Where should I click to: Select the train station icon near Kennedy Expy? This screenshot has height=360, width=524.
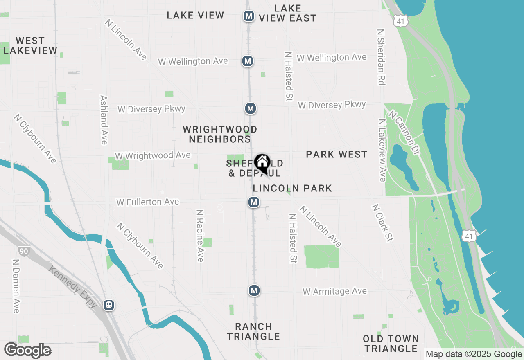(109, 305)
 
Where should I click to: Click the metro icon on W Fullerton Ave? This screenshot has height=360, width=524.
(254, 202)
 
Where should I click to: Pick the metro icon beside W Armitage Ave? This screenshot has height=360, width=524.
(254, 291)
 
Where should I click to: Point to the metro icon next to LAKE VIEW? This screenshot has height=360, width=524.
(248, 16)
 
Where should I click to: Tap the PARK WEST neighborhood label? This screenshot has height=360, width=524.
(337, 154)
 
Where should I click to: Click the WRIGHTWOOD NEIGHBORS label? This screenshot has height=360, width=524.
(220, 134)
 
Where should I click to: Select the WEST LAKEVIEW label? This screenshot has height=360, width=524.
(30, 45)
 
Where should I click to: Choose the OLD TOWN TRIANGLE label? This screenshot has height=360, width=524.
(391, 344)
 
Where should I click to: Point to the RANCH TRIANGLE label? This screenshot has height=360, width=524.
(254, 331)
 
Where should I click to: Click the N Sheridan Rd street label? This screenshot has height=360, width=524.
(381, 57)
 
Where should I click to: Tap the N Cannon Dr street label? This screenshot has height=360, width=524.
(405, 133)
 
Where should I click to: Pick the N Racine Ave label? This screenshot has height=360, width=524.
(200, 236)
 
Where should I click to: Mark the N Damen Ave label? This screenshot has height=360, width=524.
(16, 286)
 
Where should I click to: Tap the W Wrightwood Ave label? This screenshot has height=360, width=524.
(153, 156)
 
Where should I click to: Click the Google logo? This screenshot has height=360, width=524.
(28, 351)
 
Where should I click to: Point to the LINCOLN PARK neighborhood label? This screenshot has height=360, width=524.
(292, 188)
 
